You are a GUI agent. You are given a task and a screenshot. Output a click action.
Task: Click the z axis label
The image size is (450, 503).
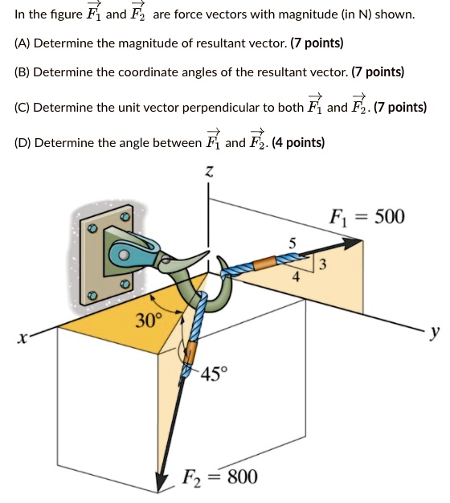[210, 171]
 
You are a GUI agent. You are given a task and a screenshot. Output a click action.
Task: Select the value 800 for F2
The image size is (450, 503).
[242, 476]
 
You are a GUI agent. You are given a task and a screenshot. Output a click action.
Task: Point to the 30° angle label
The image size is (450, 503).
[149, 321]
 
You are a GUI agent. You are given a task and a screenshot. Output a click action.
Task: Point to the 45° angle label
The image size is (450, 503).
[215, 374]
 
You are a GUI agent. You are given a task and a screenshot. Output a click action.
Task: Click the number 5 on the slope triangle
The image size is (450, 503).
[292, 243]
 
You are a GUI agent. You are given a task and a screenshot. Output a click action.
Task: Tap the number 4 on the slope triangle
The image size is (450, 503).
[297, 279]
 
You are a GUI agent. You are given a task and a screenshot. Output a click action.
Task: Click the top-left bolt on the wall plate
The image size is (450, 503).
[93, 229]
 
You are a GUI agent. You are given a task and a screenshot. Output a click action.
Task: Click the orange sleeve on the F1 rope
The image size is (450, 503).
[268, 263]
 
